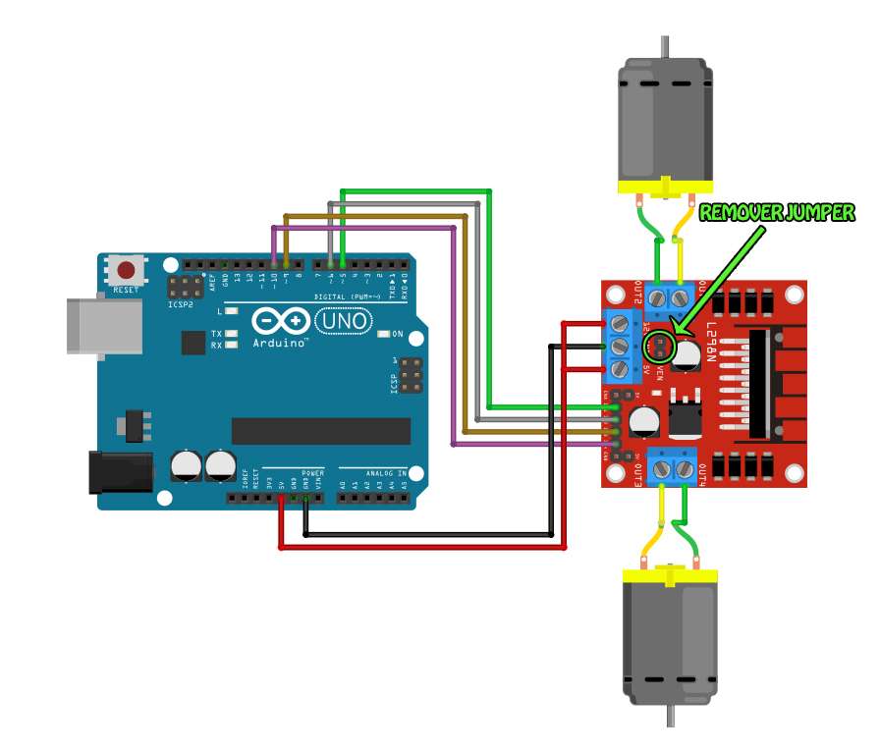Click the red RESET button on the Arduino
[127, 269]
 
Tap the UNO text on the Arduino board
[343, 321]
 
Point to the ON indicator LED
[384, 334]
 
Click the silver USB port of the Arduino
[84, 325]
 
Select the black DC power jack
[120, 471]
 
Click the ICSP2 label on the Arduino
[181, 305]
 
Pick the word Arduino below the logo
[280, 344]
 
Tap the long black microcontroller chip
[320, 431]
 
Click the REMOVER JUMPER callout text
[776, 212]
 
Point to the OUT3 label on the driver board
[638, 474]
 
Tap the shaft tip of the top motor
[665, 43]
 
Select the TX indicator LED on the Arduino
[232, 334]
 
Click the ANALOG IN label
[387, 473]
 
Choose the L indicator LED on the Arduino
[232, 310]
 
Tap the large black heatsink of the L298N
[761, 383]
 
